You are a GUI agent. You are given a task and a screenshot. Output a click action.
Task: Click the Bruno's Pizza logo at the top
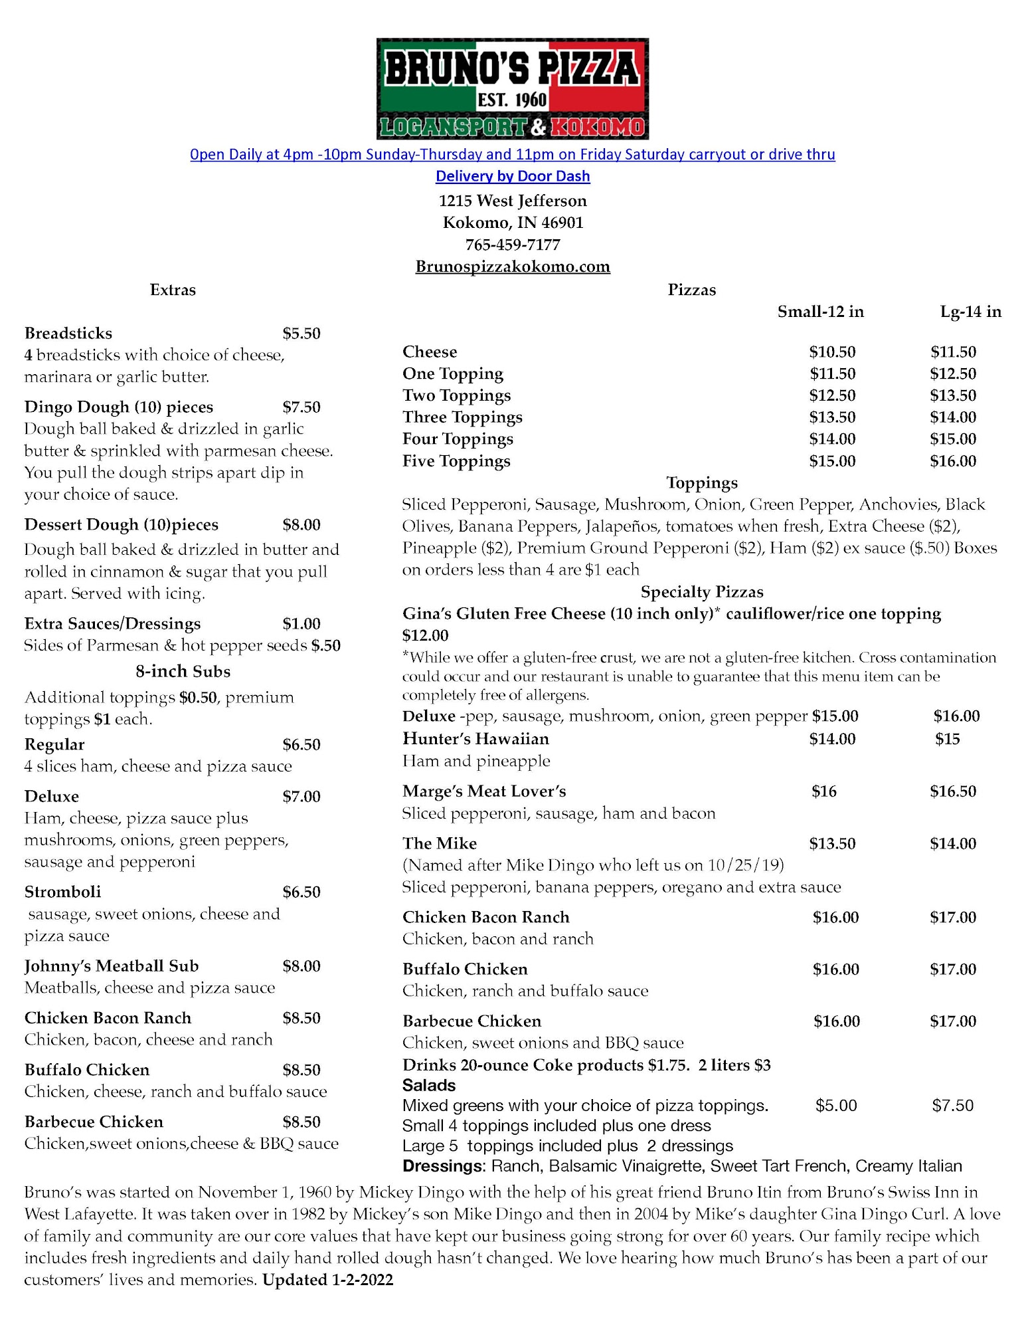pyautogui.click(x=512, y=88)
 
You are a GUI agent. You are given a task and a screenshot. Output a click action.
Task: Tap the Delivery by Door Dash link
pyautogui.click(x=512, y=176)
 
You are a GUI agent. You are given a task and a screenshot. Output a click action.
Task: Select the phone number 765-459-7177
pyautogui.click(x=512, y=245)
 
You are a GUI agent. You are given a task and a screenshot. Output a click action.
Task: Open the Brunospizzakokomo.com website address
pyautogui.click(x=512, y=266)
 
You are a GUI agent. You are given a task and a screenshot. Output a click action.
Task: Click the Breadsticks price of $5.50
pyautogui.click(x=301, y=333)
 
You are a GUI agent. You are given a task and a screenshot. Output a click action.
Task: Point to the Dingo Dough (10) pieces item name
pyautogui.click(x=119, y=407)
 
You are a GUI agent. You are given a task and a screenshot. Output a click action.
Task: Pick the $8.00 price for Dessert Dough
pyautogui.click(x=301, y=524)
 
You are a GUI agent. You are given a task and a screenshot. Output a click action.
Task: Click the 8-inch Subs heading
pyautogui.click(x=183, y=671)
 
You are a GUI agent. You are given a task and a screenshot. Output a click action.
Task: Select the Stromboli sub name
pyautogui.click(x=63, y=891)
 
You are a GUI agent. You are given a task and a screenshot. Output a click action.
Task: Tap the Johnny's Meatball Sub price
pyautogui.click(x=301, y=966)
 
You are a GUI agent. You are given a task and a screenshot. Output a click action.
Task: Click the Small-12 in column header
pyautogui.click(x=820, y=312)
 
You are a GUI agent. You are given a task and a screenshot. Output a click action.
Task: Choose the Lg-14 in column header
pyautogui.click(x=970, y=312)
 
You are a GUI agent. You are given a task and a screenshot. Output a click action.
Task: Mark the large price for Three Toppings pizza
pyautogui.click(x=953, y=417)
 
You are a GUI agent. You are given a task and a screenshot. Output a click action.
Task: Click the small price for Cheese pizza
pyautogui.click(x=832, y=352)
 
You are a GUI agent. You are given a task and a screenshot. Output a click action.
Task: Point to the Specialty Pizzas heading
pyautogui.click(x=701, y=591)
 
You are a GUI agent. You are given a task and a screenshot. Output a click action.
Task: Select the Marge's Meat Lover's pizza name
pyautogui.click(x=484, y=791)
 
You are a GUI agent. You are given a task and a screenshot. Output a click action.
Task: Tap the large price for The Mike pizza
pyautogui.click(x=953, y=843)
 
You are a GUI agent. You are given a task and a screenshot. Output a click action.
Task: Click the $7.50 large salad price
pyautogui.click(x=952, y=1105)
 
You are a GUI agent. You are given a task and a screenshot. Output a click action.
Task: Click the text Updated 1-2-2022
pyautogui.click(x=328, y=1280)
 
